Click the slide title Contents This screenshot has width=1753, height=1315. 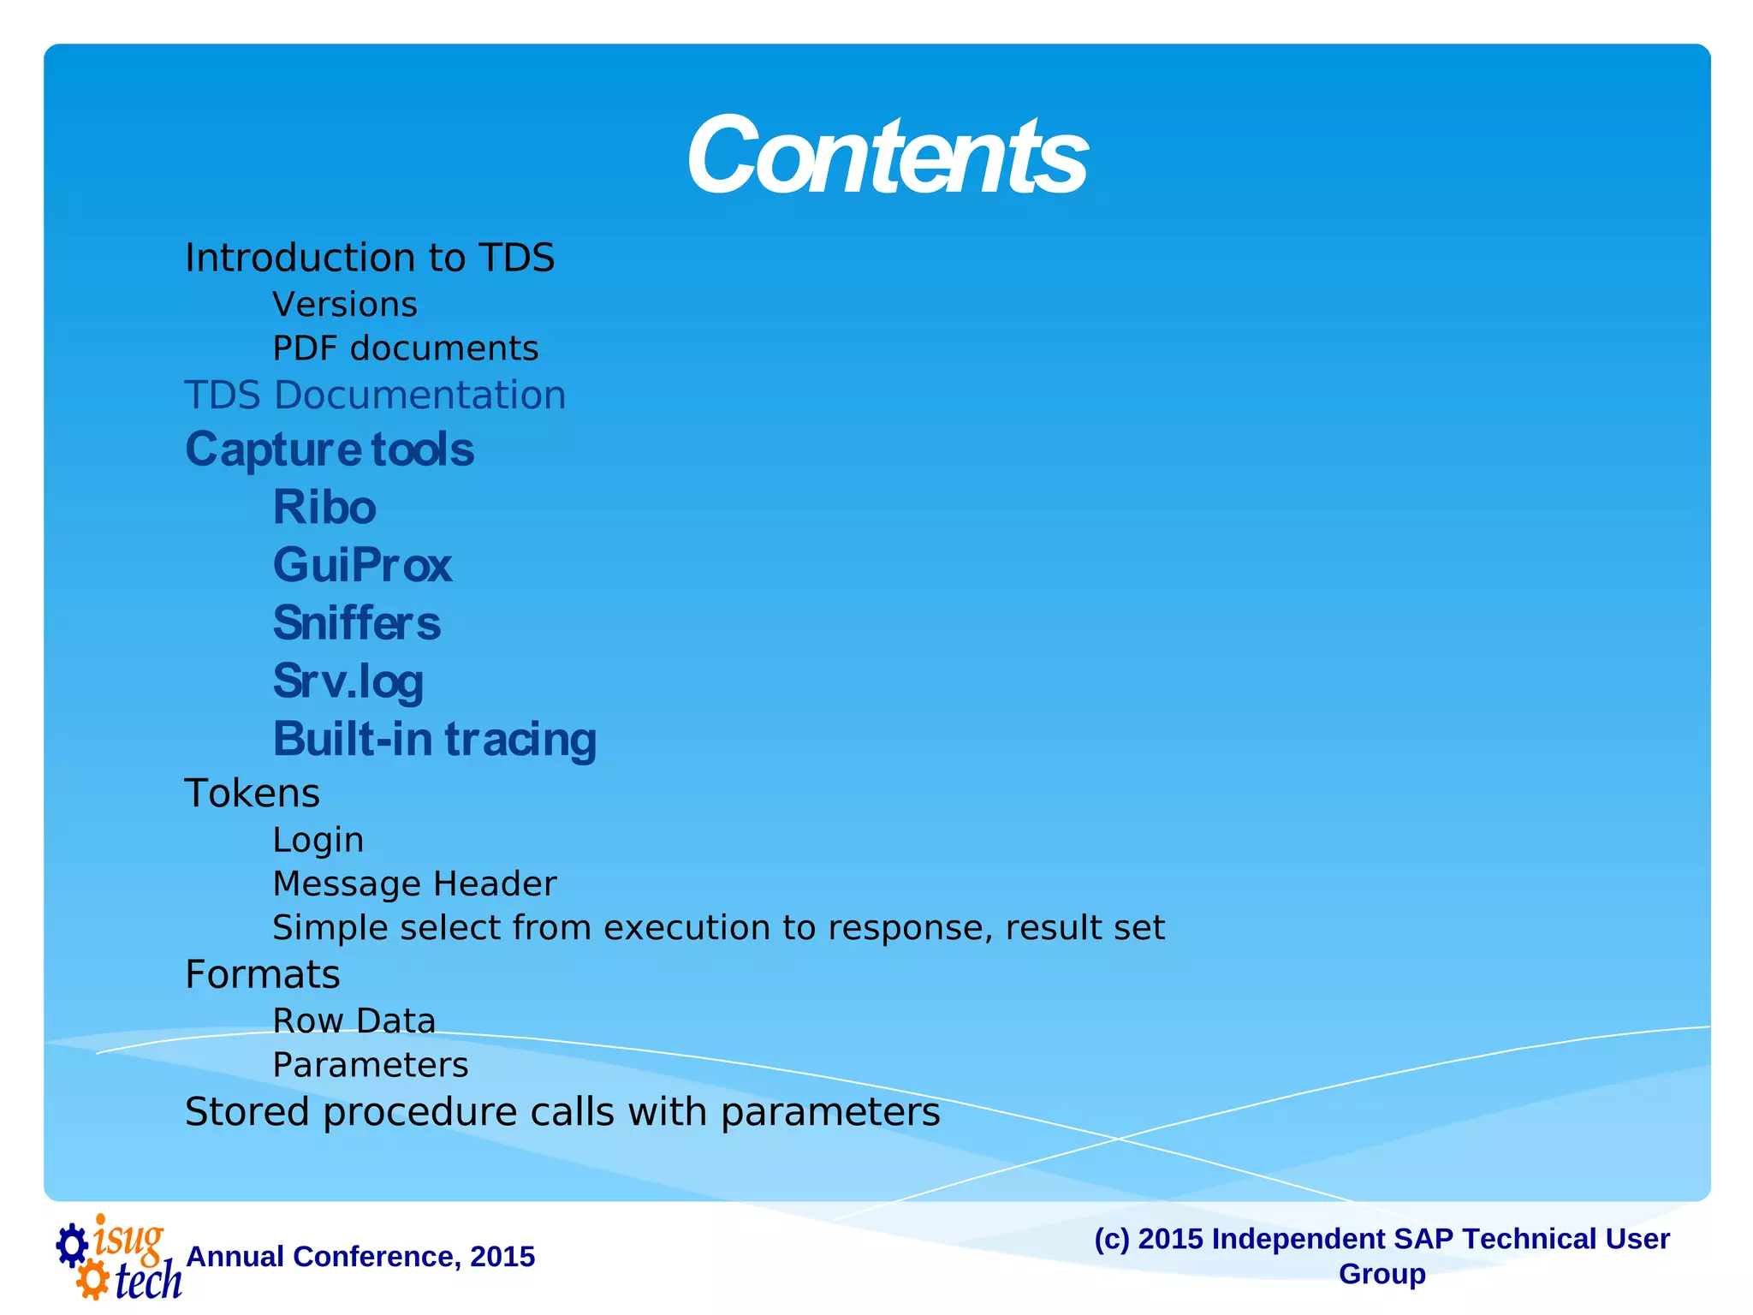pyautogui.click(x=887, y=157)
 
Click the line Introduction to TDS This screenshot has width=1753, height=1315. pyautogui.click(x=370, y=258)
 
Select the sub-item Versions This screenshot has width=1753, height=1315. pyautogui.click(x=345, y=305)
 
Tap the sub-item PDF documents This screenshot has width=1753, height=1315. pyautogui.click(x=406, y=348)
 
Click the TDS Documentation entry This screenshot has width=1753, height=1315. pyautogui.click(x=375, y=396)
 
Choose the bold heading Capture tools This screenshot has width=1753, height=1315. pyautogui.click(x=330, y=449)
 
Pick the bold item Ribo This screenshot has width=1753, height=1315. pyautogui.click(x=324, y=508)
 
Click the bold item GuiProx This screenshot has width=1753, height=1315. pyautogui.click(x=362, y=565)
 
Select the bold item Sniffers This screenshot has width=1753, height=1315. pyautogui.click(x=357, y=623)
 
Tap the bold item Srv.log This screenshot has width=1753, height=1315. pyautogui.click(x=348, y=681)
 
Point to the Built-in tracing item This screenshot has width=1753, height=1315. pyautogui.click(x=435, y=740)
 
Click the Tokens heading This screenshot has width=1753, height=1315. pyautogui.click(x=253, y=794)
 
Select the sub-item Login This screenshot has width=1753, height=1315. pyautogui.click(x=318, y=840)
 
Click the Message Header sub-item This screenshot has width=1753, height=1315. pyautogui.click(x=414, y=884)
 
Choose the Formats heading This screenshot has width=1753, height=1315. pyautogui.click(x=263, y=975)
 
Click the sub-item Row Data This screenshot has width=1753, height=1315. pyautogui.click(x=354, y=1021)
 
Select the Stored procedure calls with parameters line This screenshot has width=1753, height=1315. pyautogui.click(x=562, y=1112)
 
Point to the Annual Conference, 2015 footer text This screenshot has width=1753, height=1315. pyautogui.click(x=360, y=1257)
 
